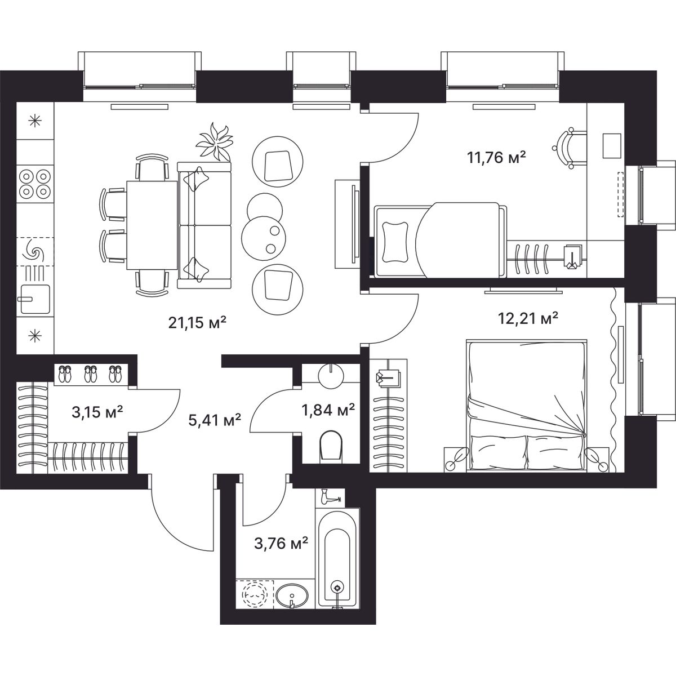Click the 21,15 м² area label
click(x=197, y=322)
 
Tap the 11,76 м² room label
click(x=496, y=157)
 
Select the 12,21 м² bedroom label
click(x=528, y=318)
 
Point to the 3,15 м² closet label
click(x=97, y=412)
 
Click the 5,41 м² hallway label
click(x=215, y=420)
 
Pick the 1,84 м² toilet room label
click(x=328, y=409)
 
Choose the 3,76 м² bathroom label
click(x=281, y=545)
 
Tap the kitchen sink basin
click(x=35, y=299)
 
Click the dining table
click(x=152, y=225)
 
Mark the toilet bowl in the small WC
click(x=331, y=446)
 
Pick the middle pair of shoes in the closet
click(x=90, y=373)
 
